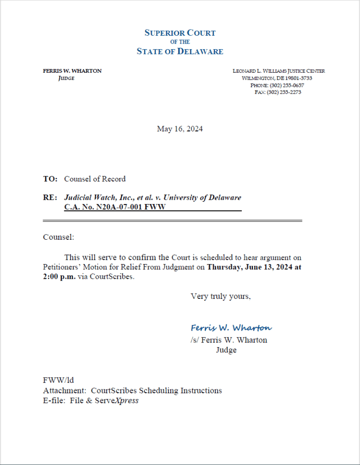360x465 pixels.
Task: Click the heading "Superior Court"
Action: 180,33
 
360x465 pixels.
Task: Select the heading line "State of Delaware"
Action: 180,52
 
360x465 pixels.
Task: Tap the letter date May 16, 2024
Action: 180,129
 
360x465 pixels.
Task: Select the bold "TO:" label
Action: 50,179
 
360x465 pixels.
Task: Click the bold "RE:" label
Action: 50,198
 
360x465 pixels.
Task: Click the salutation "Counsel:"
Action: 58,237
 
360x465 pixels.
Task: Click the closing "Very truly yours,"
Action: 220,296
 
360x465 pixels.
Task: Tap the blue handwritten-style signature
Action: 231,328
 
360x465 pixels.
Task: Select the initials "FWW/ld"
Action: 58,381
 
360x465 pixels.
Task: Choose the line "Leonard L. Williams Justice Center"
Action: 279,71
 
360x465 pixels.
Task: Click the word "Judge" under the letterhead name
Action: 66,78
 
